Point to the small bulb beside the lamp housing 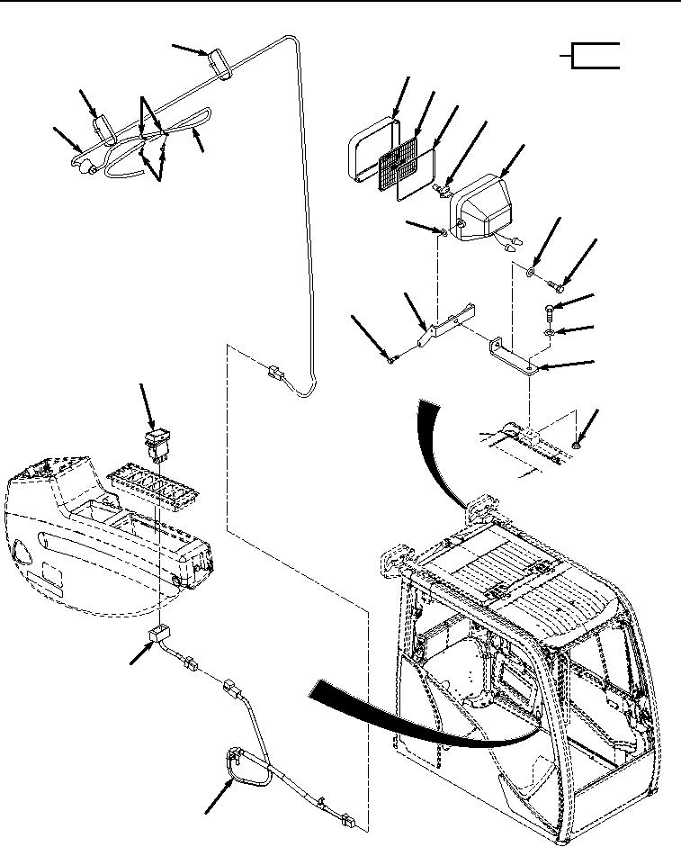pyautogui.click(x=442, y=190)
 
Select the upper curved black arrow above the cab pyautogui.click(x=441, y=450)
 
